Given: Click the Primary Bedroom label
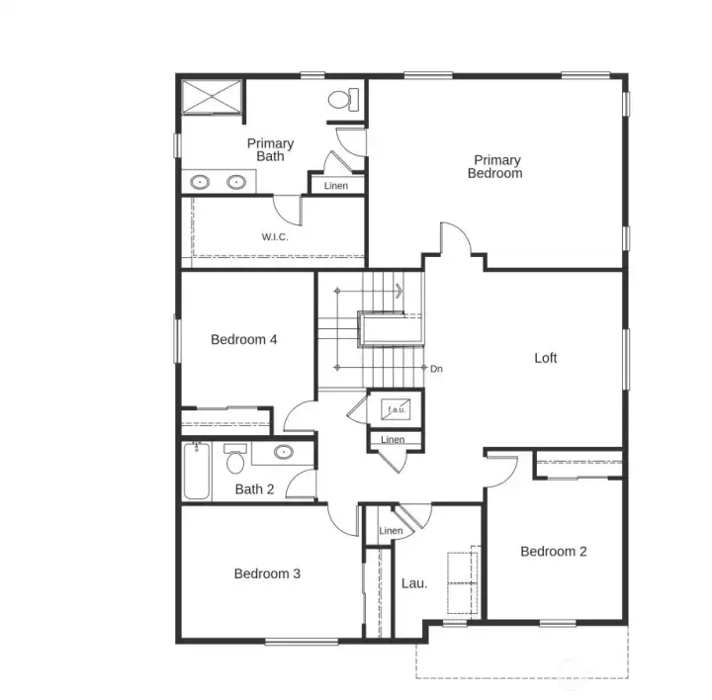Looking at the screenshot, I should pyautogui.click(x=496, y=167).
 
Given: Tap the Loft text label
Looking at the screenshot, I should pyautogui.click(x=546, y=358).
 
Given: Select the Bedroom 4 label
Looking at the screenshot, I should pyautogui.click(x=243, y=339).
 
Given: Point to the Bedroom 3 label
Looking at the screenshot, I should pyautogui.click(x=267, y=573).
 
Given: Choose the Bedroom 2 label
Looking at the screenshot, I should pyautogui.click(x=554, y=551).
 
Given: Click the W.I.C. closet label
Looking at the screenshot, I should pyautogui.click(x=275, y=237).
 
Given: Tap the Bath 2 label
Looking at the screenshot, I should pyautogui.click(x=254, y=488).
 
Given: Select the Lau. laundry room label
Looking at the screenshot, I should pyautogui.click(x=414, y=583).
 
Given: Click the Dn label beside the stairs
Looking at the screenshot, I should pyautogui.click(x=436, y=369).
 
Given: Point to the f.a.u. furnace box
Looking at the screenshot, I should pyautogui.click(x=396, y=408).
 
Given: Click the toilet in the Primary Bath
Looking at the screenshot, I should pyautogui.click(x=341, y=100).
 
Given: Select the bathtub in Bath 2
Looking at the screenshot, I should pyautogui.click(x=195, y=470).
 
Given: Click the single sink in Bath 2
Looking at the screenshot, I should pyautogui.click(x=283, y=454).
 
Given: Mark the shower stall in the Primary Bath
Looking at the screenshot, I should pyautogui.click(x=210, y=98).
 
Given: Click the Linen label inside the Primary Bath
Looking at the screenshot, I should pyautogui.click(x=336, y=186).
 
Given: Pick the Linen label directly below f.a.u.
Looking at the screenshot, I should pyautogui.click(x=393, y=439).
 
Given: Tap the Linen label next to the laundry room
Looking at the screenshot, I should pyautogui.click(x=391, y=531).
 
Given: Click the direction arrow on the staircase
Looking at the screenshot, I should pyautogui.click(x=398, y=291).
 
